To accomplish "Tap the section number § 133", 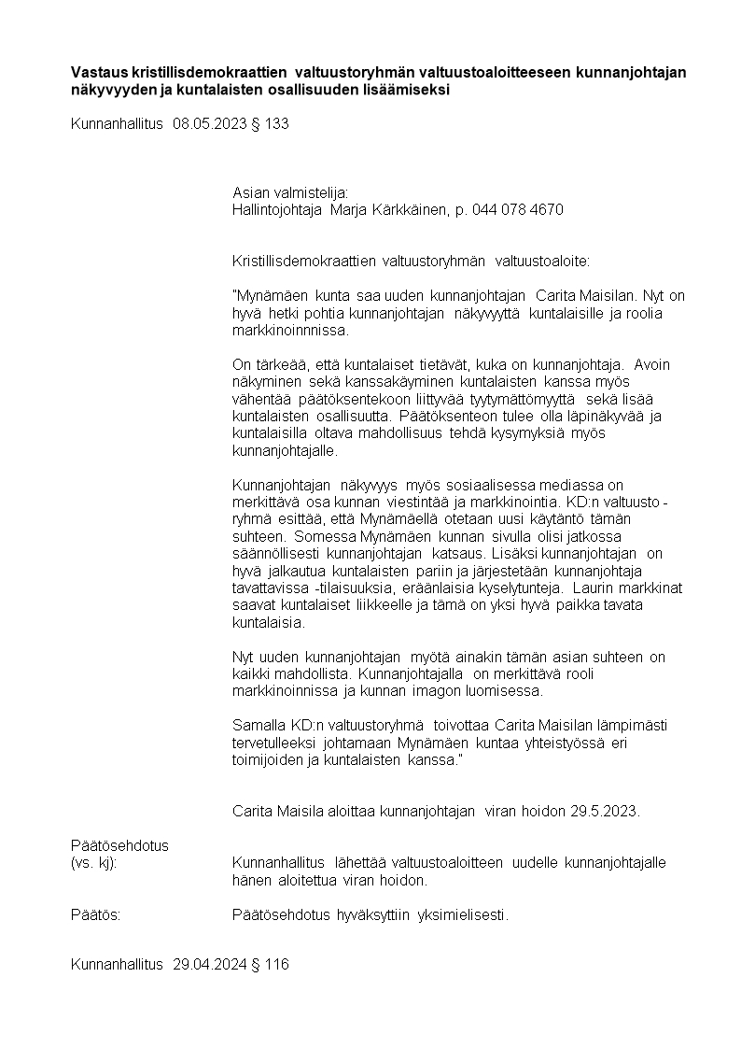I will (x=270, y=122).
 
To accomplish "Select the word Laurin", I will (x=590, y=588).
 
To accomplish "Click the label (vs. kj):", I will (x=93, y=862).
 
